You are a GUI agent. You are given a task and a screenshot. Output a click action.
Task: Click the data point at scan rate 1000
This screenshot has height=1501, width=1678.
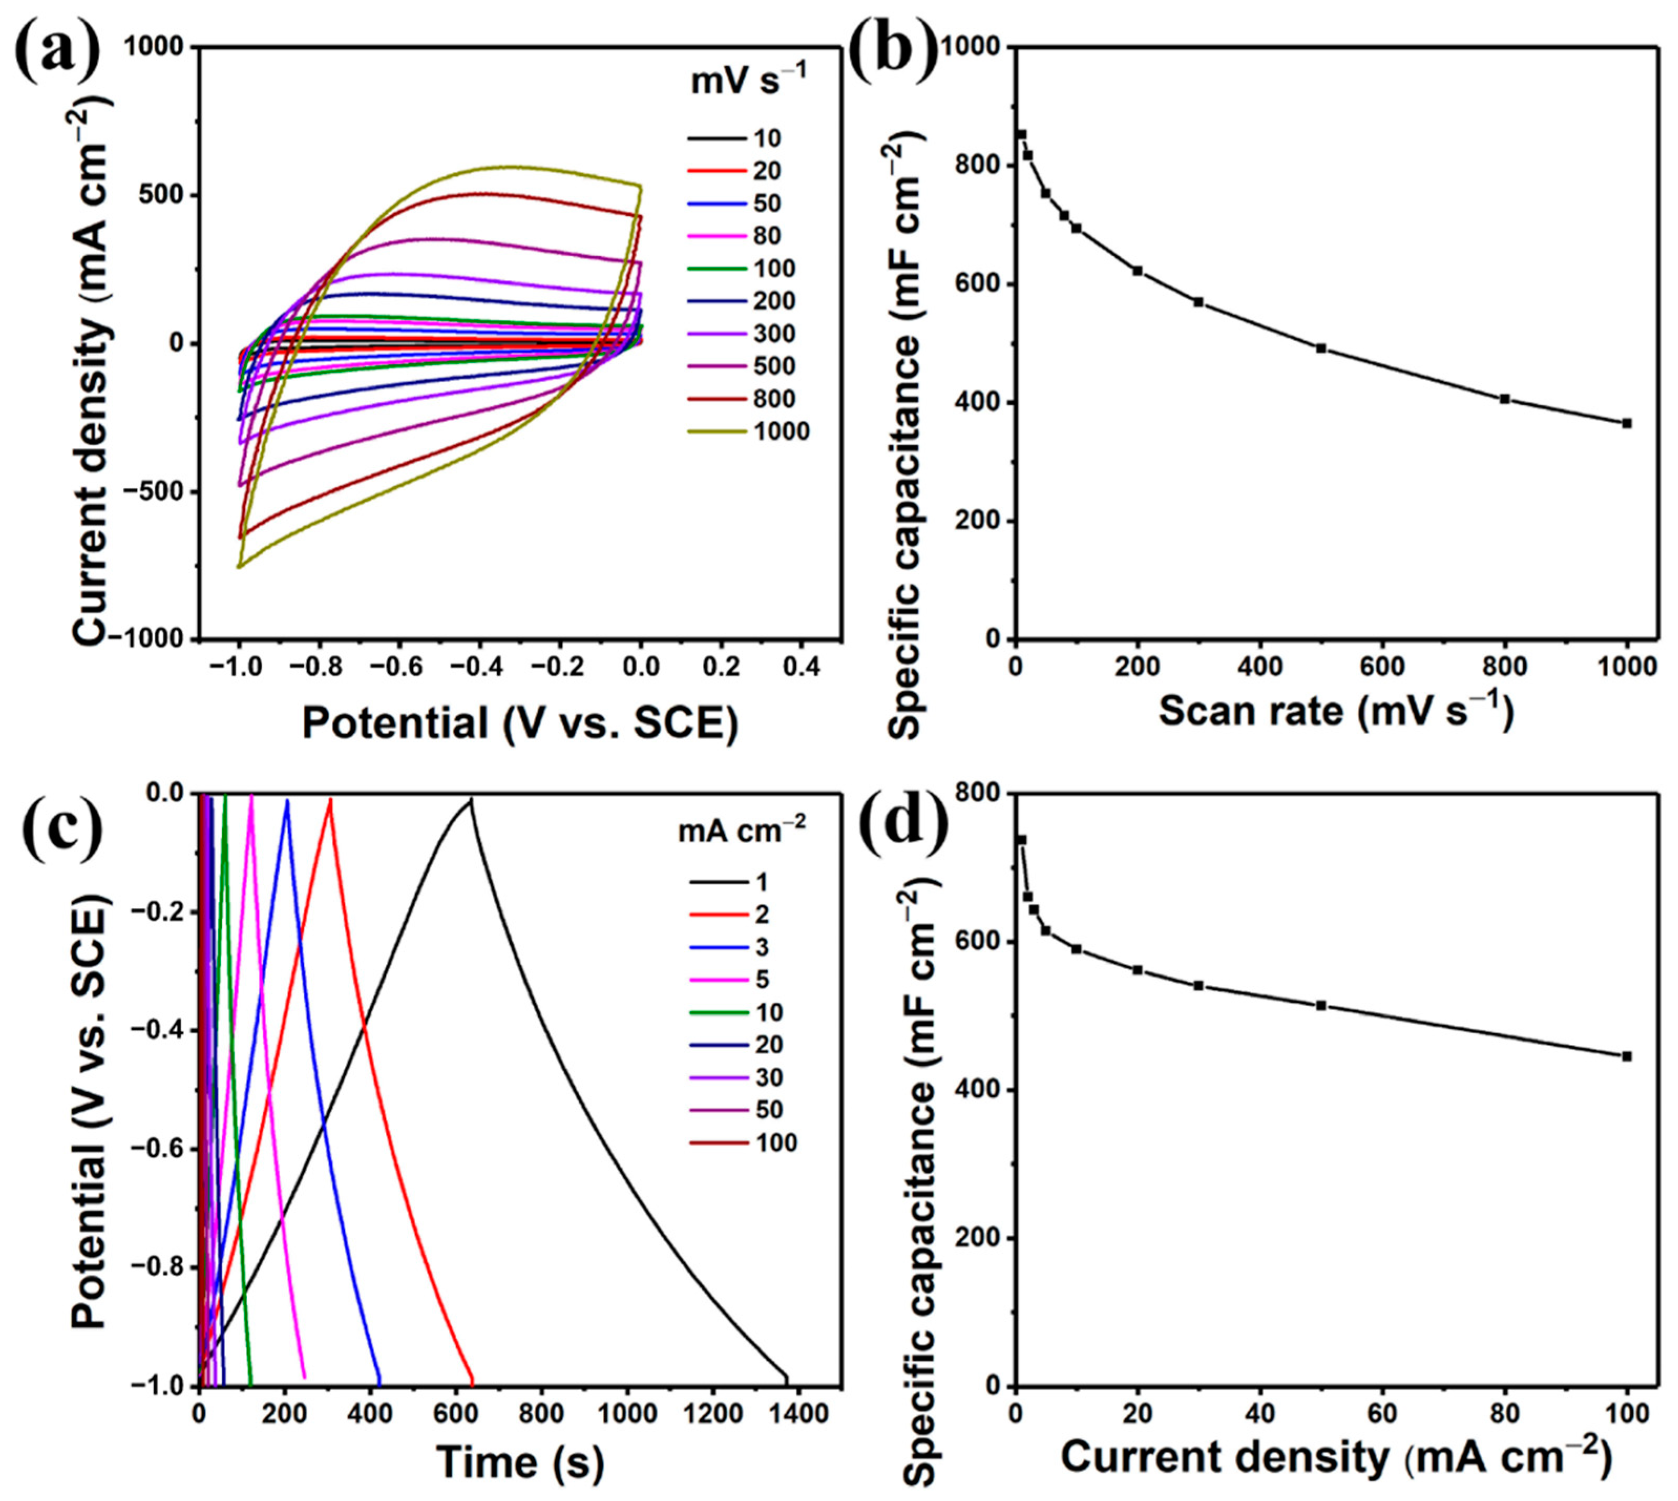click(x=1626, y=424)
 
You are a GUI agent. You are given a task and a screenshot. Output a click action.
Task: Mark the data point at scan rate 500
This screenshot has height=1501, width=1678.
click(x=1321, y=348)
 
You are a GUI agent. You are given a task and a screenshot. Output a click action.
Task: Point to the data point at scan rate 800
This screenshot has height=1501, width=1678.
click(x=1504, y=399)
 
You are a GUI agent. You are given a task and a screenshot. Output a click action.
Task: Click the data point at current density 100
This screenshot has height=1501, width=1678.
click(x=1626, y=1056)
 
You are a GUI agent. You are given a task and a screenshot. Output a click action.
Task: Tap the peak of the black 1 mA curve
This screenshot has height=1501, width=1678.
click(x=471, y=800)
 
